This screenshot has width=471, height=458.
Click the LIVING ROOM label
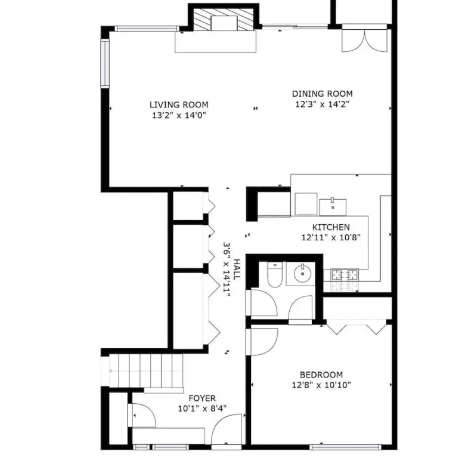point(179,104)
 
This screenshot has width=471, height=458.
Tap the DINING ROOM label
point(323,94)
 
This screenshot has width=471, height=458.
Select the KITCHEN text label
point(331,227)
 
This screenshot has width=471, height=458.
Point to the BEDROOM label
point(321,375)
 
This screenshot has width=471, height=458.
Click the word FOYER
point(202,398)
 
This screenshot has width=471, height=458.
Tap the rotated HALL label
point(237,270)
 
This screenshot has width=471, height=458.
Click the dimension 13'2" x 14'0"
point(179,115)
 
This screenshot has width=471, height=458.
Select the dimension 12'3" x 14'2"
point(323,104)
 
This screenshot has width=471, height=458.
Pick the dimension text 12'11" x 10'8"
point(331,237)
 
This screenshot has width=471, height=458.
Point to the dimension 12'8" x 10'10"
point(321,385)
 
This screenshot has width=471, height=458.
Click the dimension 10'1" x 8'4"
point(202,409)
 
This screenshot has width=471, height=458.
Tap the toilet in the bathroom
point(274,275)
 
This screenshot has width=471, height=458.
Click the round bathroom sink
point(302,273)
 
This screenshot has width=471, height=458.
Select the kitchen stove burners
point(345,276)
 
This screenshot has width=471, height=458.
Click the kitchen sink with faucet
point(333,207)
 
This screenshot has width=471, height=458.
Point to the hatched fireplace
point(224,19)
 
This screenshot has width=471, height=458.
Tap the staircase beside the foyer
point(146,371)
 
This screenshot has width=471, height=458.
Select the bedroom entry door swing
point(262,342)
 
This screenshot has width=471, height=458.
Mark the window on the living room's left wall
point(105,63)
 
